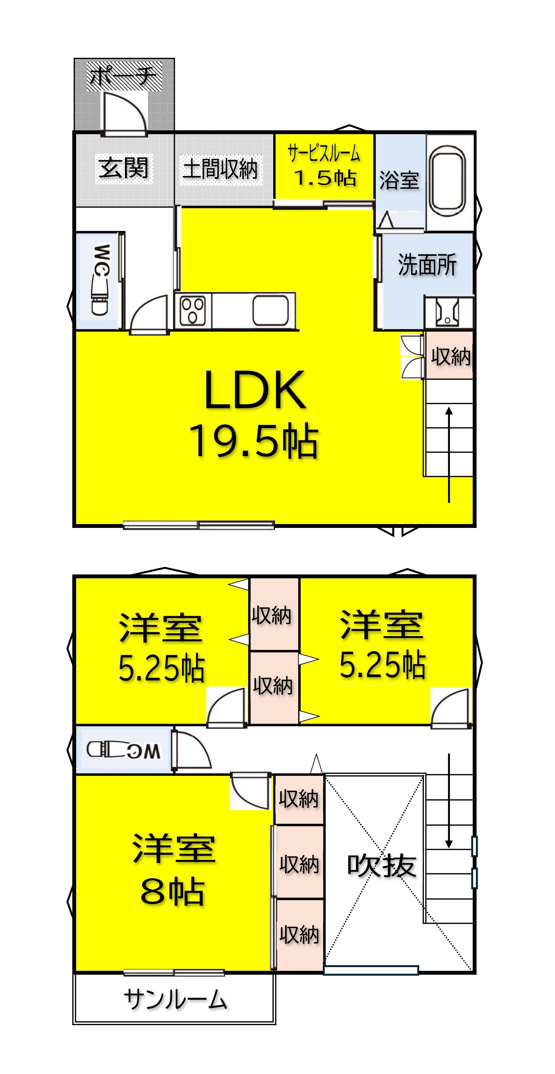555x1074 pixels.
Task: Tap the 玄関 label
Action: pyautogui.click(x=124, y=168)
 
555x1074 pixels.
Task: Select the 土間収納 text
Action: pyautogui.click(x=220, y=169)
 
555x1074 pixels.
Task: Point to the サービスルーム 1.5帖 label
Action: pyautogui.click(x=324, y=166)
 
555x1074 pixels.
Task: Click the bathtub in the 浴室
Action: pyautogui.click(x=448, y=181)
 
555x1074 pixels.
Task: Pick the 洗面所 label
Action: pyautogui.click(x=427, y=265)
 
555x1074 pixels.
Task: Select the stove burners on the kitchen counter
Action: pyautogui.click(x=192, y=310)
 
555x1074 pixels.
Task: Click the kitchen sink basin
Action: pyautogui.click(x=271, y=310)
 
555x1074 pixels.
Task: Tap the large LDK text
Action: pyautogui.click(x=255, y=390)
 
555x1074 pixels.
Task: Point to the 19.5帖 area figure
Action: pyautogui.click(x=254, y=441)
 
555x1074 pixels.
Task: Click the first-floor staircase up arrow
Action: pyautogui.click(x=449, y=455)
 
